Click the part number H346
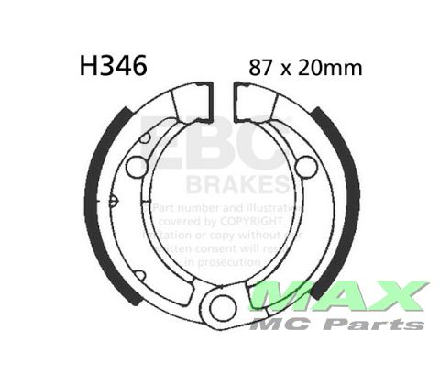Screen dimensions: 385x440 tap(109, 66)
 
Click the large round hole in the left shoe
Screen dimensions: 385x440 tap(136, 167)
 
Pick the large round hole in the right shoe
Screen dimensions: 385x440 tap(306, 167)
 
